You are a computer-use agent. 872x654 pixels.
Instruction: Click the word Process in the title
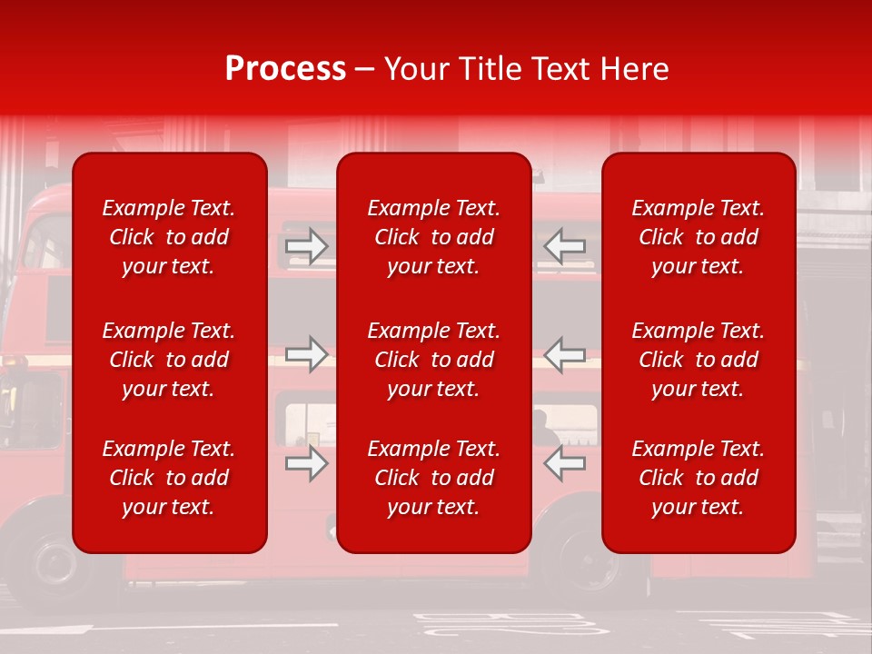coord(285,69)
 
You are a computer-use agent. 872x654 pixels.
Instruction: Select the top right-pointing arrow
coord(306,246)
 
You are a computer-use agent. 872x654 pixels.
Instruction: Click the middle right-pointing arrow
coord(306,354)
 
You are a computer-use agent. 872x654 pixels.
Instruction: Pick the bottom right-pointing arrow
coord(306,463)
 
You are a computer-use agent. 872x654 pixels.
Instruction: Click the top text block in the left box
coord(169,237)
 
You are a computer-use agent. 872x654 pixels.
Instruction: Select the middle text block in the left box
coord(169,360)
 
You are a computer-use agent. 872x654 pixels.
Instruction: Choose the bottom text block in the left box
coord(169,478)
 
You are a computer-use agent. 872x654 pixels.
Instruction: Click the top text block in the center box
coord(433,237)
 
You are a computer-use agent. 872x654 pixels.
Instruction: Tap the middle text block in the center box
coord(433,360)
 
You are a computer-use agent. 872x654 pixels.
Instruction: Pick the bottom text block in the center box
coord(433,478)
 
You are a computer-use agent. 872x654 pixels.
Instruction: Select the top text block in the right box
coord(698,237)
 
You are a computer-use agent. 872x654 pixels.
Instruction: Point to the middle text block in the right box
coord(698,360)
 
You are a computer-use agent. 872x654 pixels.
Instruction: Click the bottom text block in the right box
coord(698,478)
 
